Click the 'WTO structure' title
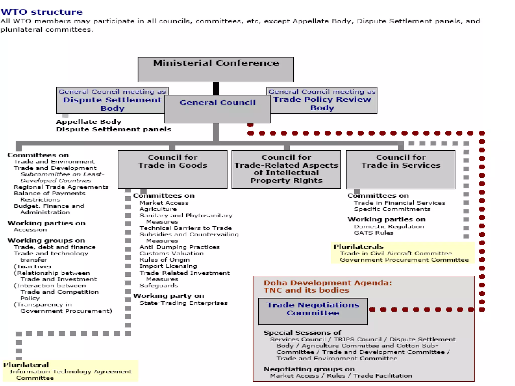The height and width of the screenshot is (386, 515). (x=41, y=12)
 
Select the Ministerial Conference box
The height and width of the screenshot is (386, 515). (x=216, y=69)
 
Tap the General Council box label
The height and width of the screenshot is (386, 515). (x=217, y=103)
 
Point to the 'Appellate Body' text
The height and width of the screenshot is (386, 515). (x=89, y=122)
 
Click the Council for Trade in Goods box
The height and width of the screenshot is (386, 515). (x=173, y=169)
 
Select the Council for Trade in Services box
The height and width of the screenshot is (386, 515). (x=401, y=169)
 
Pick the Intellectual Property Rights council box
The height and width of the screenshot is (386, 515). (x=286, y=169)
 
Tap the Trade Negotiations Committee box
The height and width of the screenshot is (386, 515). (x=313, y=311)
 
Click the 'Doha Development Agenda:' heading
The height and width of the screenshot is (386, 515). (x=327, y=283)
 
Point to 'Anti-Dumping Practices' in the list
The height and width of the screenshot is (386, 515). (x=180, y=247)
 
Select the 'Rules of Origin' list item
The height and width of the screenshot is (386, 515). (x=164, y=260)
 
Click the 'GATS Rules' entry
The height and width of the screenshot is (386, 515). (x=373, y=233)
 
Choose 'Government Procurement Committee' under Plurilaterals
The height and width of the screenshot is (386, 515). (x=404, y=260)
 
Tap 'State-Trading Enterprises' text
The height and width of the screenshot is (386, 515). (x=183, y=303)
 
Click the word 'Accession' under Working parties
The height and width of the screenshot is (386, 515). (x=30, y=230)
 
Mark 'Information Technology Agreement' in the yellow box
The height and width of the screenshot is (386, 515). (x=70, y=372)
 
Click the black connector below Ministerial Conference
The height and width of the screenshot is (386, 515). (x=216, y=88)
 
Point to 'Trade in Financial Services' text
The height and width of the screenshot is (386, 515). (x=399, y=203)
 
